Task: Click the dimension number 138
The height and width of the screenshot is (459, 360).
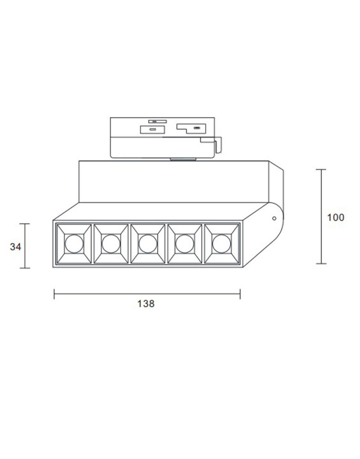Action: [x=146, y=304]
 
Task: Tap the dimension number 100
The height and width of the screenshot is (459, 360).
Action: [x=335, y=218]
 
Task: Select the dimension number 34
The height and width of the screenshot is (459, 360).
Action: [x=15, y=246]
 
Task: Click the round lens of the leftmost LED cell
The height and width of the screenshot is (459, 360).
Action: [x=72, y=244]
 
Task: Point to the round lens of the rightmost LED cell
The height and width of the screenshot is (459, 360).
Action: [x=220, y=244]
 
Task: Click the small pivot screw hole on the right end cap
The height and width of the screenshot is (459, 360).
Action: [x=273, y=219]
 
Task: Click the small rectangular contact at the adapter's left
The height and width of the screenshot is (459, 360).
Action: [x=153, y=129]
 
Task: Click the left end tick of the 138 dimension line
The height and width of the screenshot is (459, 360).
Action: [x=54, y=294]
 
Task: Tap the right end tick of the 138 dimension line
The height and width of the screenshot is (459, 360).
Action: [x=240, y=294]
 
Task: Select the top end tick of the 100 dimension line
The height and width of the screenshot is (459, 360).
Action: [x=321, y=169]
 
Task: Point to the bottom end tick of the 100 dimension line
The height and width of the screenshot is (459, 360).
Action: [x=321, y=264]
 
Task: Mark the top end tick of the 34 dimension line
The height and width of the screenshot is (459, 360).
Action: [x=25, y=224]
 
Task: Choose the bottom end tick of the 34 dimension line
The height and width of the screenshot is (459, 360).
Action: [x=25, y=268]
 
